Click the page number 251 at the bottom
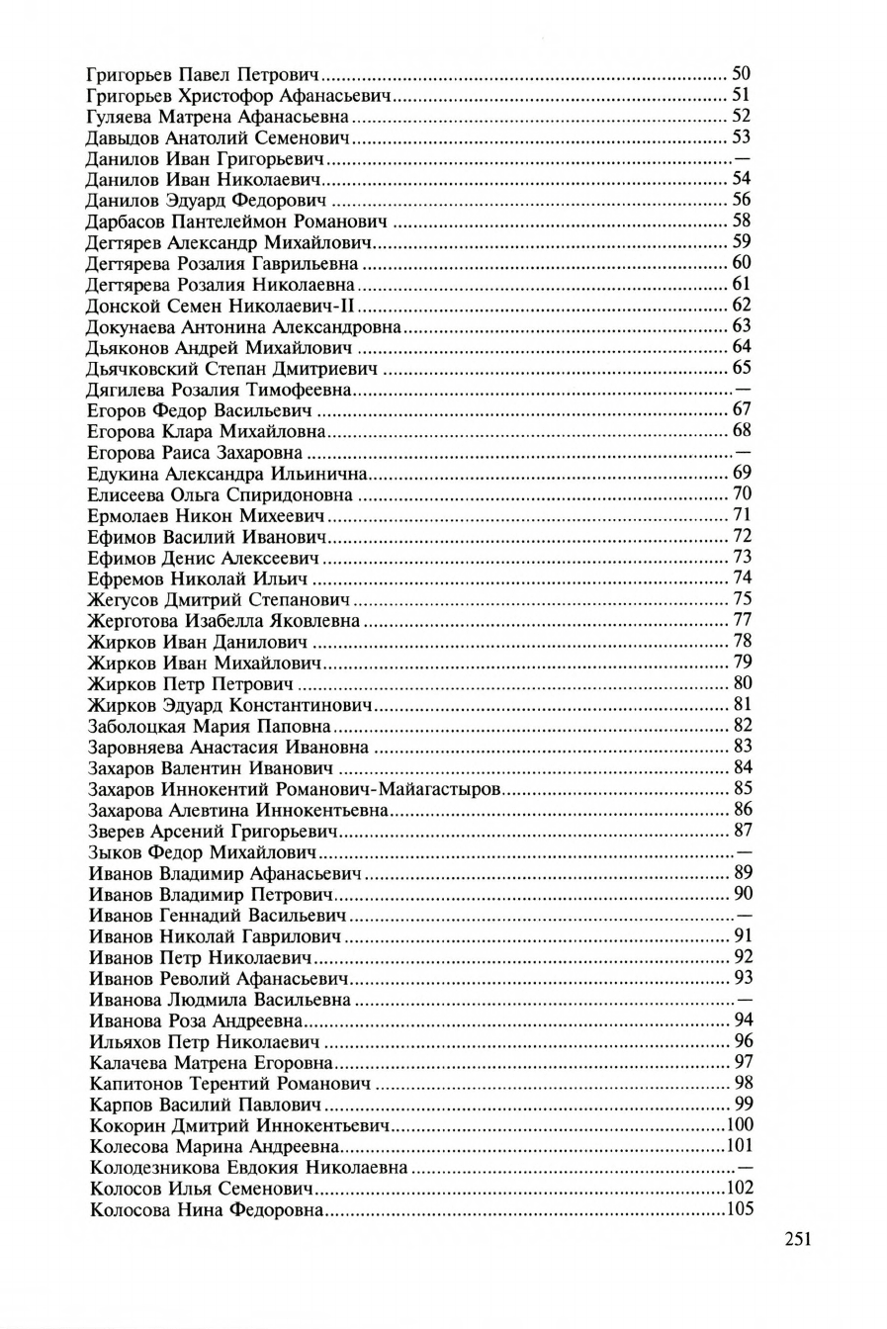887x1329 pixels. click(798, 1239)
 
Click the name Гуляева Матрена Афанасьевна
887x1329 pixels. click(218, 116)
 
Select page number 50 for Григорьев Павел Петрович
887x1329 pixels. click(741, 74)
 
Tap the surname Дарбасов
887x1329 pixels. click(126, 221)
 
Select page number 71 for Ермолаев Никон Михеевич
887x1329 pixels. click(742, 515)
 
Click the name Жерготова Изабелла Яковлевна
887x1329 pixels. click(223, 621)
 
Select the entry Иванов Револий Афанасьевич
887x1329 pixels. click(220, 978)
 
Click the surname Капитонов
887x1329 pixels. click(132, 1084)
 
